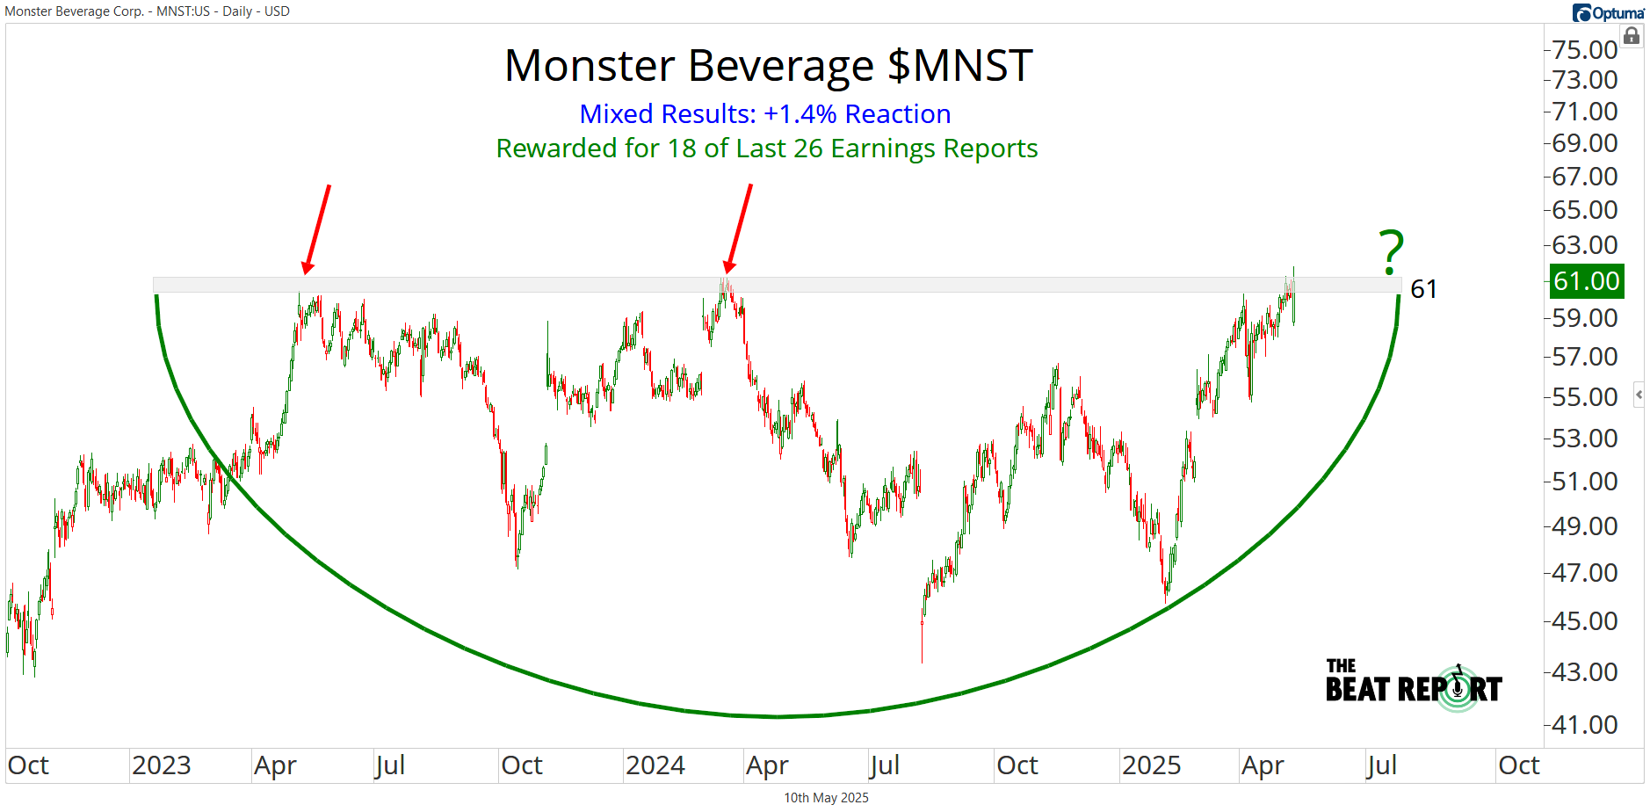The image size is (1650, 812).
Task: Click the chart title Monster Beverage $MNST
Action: tap(768, 66)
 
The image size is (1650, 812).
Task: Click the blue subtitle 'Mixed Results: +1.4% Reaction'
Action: tap(764, 114)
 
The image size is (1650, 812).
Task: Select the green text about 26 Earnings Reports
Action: tap(766, 149)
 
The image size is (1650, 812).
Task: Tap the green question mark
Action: tap(1391, 252)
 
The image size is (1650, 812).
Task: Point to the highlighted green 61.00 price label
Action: tap(1586, 281)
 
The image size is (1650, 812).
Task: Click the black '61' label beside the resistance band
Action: tap(1423, 289)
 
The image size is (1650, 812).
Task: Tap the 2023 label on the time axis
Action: tap(162, 765)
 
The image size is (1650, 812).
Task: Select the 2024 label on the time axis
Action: tap(655, 765)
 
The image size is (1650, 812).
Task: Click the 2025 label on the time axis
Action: tap(1151, 765)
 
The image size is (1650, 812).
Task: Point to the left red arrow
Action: tap(317, 228)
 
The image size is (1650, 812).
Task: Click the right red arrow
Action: tap(739, 228)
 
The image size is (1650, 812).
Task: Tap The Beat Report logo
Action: tap(1414, 684)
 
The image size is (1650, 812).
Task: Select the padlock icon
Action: tap(1632, 36)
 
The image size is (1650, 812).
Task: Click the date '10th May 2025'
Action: tap(826, 798)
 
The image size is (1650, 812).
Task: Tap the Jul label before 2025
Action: tap(884, 765)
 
